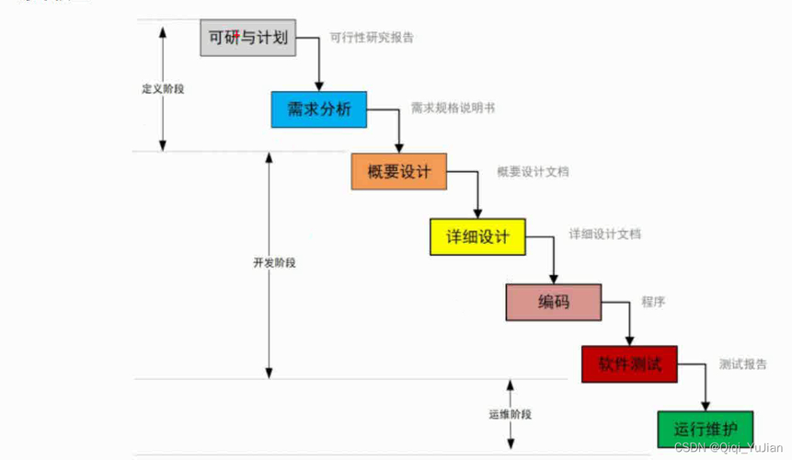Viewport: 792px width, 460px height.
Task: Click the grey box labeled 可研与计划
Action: (x=248, y=38)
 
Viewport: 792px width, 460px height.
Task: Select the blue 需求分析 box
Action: (x=318, y=109)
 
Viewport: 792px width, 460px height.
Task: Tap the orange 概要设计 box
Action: (x=399, y=172)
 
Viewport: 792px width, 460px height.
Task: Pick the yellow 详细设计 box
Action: (x=477, y=236)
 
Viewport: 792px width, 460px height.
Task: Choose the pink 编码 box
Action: (x=554, y=303)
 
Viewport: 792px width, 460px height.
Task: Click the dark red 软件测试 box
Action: (x=629, y=364)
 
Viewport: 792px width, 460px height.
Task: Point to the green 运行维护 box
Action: (x=706, y=430)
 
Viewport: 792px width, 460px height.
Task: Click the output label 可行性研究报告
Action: (x=372, y=38)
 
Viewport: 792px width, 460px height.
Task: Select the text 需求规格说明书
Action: (x=453, y=108)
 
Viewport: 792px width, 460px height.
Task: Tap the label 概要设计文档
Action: (x=533, y=172)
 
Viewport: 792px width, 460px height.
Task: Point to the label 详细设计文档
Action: (x=604, y=234)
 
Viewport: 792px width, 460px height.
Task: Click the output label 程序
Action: (x=653, y=302)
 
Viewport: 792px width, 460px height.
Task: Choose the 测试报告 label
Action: (x=742, y=364)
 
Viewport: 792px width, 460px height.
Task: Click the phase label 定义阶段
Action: (x=163, y=89)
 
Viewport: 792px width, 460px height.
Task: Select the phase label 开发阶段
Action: (x=274, y=262)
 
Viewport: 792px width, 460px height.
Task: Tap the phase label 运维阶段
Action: (x=511, y=414)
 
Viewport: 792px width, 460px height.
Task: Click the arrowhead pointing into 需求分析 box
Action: (x=318, y=86)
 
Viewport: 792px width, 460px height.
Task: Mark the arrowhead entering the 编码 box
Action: (x=554, y=280)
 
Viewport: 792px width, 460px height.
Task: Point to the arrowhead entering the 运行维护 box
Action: (x=706, y=407)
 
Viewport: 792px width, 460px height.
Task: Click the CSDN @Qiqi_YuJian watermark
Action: (x=729, y=447)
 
